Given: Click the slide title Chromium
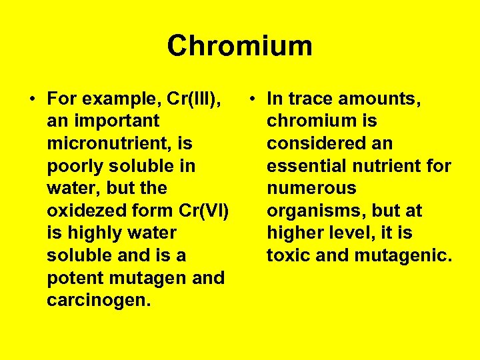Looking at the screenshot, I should pyautogui.click(x=239, y=46).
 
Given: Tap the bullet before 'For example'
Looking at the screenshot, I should pyautogui.click(x=32, y=99).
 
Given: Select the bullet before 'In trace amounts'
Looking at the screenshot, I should pyautogui.click(x=251, y=99).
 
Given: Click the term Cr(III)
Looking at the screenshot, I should pyautogui.click(x=197, y=99).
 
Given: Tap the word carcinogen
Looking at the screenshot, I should pyautogui.click(x=98, y=300).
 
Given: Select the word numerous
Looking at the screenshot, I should pyautogui.click(x=311, y=189).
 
